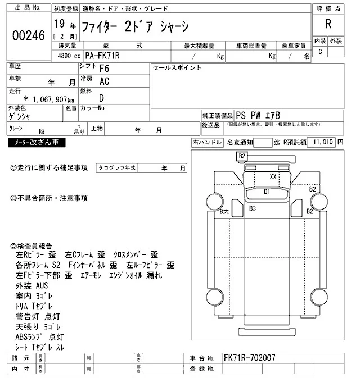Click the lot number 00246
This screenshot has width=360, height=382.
28,35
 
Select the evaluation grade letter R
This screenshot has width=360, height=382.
327,24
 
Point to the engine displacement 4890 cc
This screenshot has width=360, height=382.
65,56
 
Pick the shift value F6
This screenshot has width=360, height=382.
104,69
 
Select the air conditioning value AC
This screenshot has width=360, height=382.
104,81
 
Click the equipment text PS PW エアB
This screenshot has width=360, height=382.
264,114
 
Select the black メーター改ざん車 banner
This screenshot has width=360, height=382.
37,143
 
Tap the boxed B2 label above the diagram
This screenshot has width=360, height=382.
242,156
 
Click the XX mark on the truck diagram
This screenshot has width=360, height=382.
273,176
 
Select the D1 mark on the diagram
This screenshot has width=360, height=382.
268,192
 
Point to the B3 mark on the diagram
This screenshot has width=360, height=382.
253,209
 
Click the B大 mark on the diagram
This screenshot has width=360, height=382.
224,211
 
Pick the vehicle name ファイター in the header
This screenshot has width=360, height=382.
82,26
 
